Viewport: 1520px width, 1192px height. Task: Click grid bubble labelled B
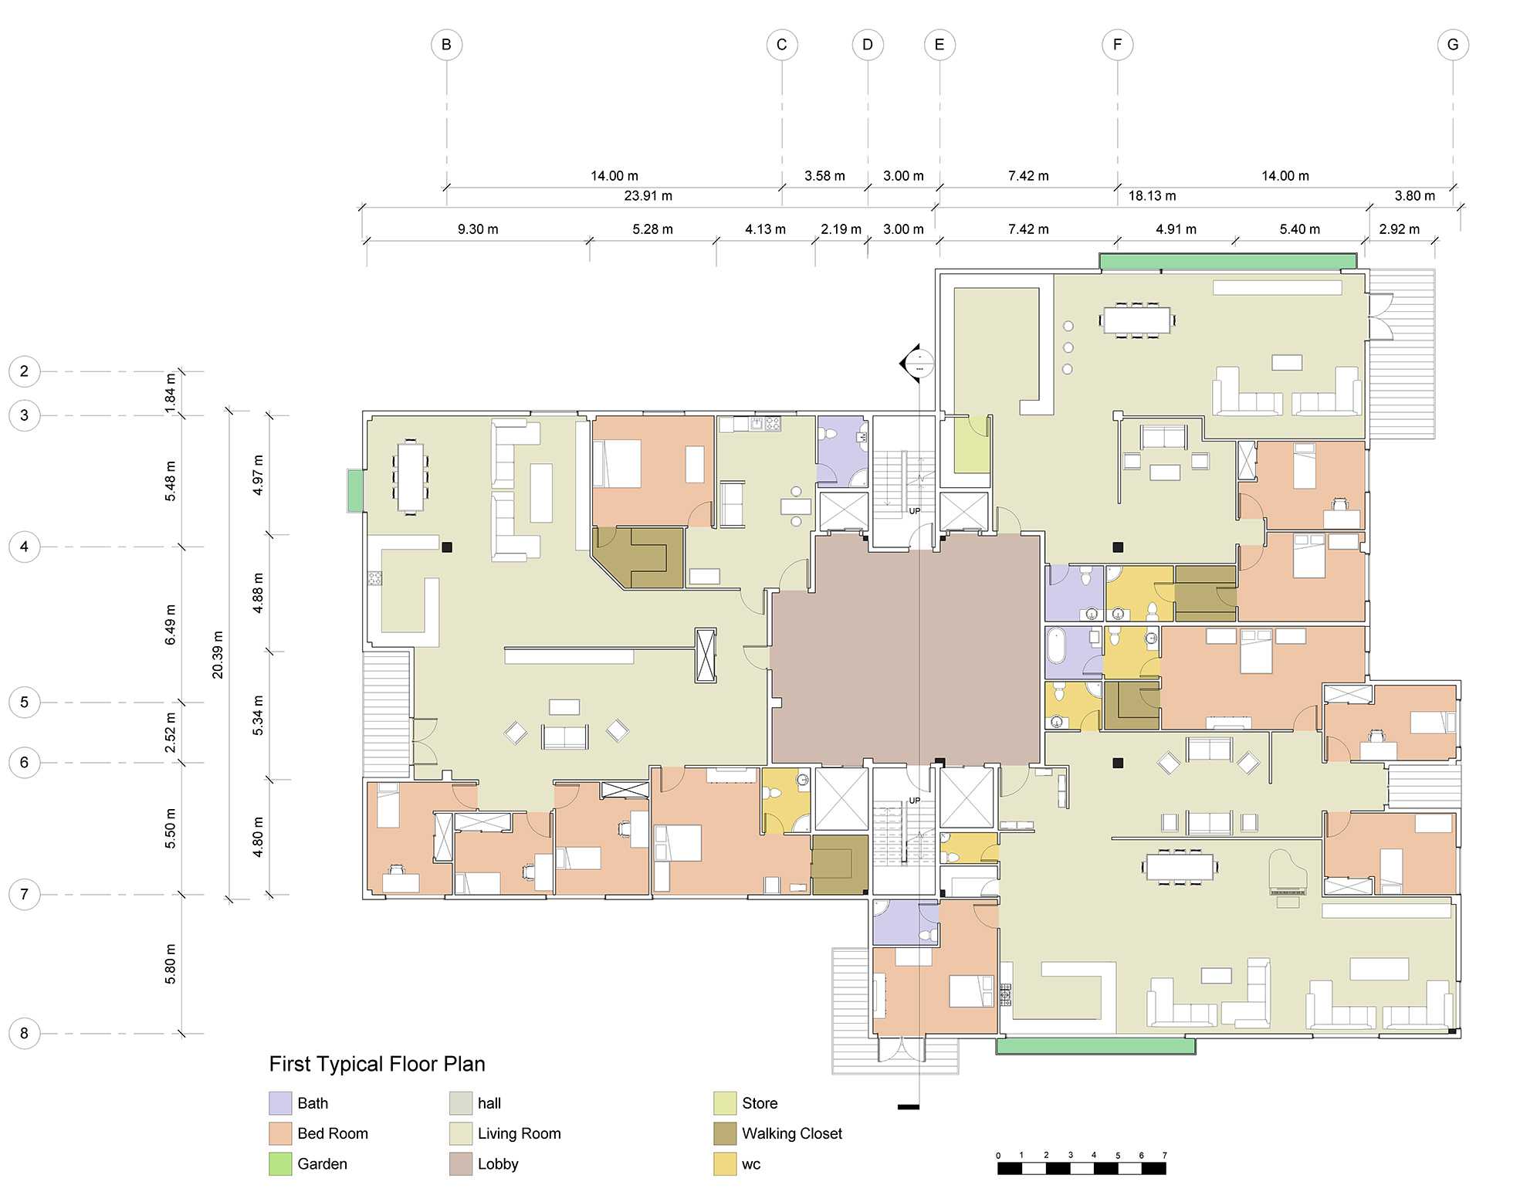tap(446, 45)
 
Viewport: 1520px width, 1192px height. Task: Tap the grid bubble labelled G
tap(1453, 45)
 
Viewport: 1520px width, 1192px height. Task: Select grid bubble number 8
tap(25, 1033)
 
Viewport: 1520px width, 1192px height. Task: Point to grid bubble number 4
tap(25, 547)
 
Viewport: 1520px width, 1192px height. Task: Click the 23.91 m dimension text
tap(648, 196)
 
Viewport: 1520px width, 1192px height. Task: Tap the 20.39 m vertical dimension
tap(218, 655)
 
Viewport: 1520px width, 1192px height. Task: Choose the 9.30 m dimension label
tap(478, 229)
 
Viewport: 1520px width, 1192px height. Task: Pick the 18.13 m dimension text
tap(1152, 196)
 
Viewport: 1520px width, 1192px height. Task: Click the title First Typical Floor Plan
tap(377, 1064)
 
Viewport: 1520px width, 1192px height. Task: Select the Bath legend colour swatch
tap(280, 1103)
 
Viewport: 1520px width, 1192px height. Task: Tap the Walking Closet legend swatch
tap(725, 1133)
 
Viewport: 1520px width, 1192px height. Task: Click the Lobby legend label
tap(498, 1164)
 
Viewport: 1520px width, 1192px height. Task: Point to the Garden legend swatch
tap(280, 1164)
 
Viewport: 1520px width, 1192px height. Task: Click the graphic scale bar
tap(1082, 1168)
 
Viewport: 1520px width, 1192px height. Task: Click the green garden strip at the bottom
tap(1095, 1046)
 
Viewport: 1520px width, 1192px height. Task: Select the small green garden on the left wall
tap(355, 490)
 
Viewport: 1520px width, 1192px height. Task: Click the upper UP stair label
tap(914, 511)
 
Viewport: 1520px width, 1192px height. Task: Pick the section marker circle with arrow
tap(919, 363)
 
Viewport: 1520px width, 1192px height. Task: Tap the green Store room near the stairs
tap(972, 445)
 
